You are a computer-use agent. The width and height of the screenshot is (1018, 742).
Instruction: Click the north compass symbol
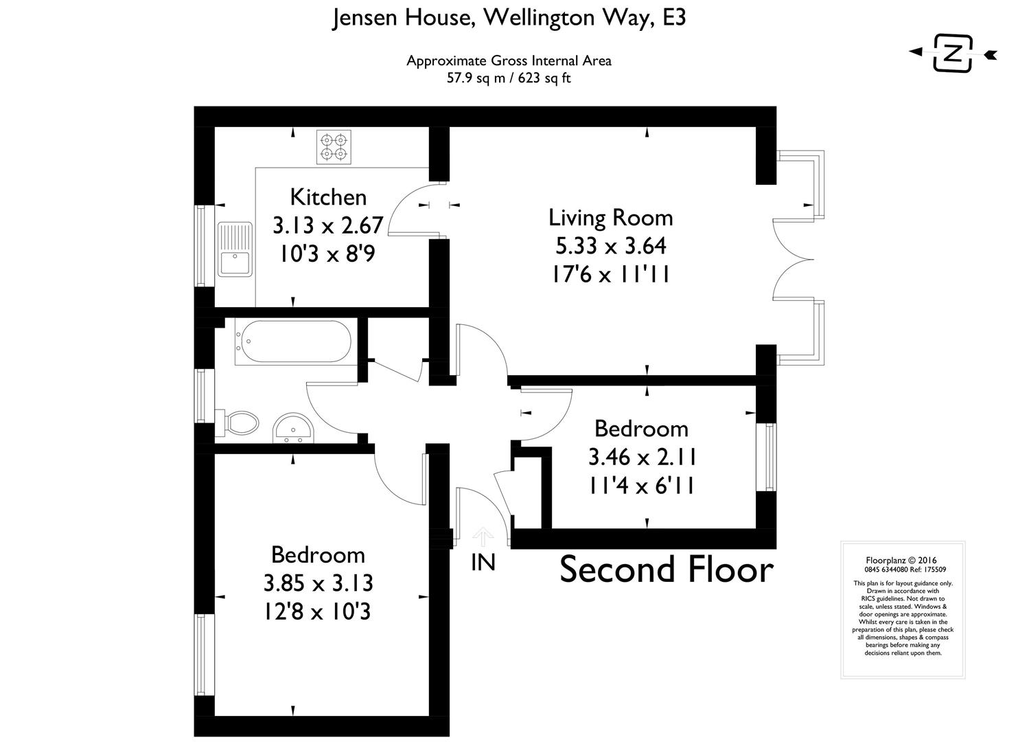[x=953, y=53]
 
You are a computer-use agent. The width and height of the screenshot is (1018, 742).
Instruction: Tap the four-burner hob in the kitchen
[x=333, y=147]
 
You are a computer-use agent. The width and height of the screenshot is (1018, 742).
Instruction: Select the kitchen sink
[x=235, y=249]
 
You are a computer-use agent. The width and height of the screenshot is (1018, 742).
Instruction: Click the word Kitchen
[x=328, y=197]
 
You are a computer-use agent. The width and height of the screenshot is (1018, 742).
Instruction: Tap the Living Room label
[x=610, y=218]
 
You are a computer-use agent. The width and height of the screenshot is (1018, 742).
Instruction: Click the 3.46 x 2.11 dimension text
[x=642, y=457]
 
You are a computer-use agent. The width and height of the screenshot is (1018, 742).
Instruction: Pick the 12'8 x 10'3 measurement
[x=317, y=611]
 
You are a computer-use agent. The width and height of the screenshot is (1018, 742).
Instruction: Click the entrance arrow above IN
[x=483, y=536]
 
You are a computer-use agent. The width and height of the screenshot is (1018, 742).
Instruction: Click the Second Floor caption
[x=666, y=570]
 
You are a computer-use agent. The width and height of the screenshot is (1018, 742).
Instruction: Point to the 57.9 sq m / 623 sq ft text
[x=509, y=78]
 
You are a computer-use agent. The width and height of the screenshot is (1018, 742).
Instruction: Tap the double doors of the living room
[x=793, y=258]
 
